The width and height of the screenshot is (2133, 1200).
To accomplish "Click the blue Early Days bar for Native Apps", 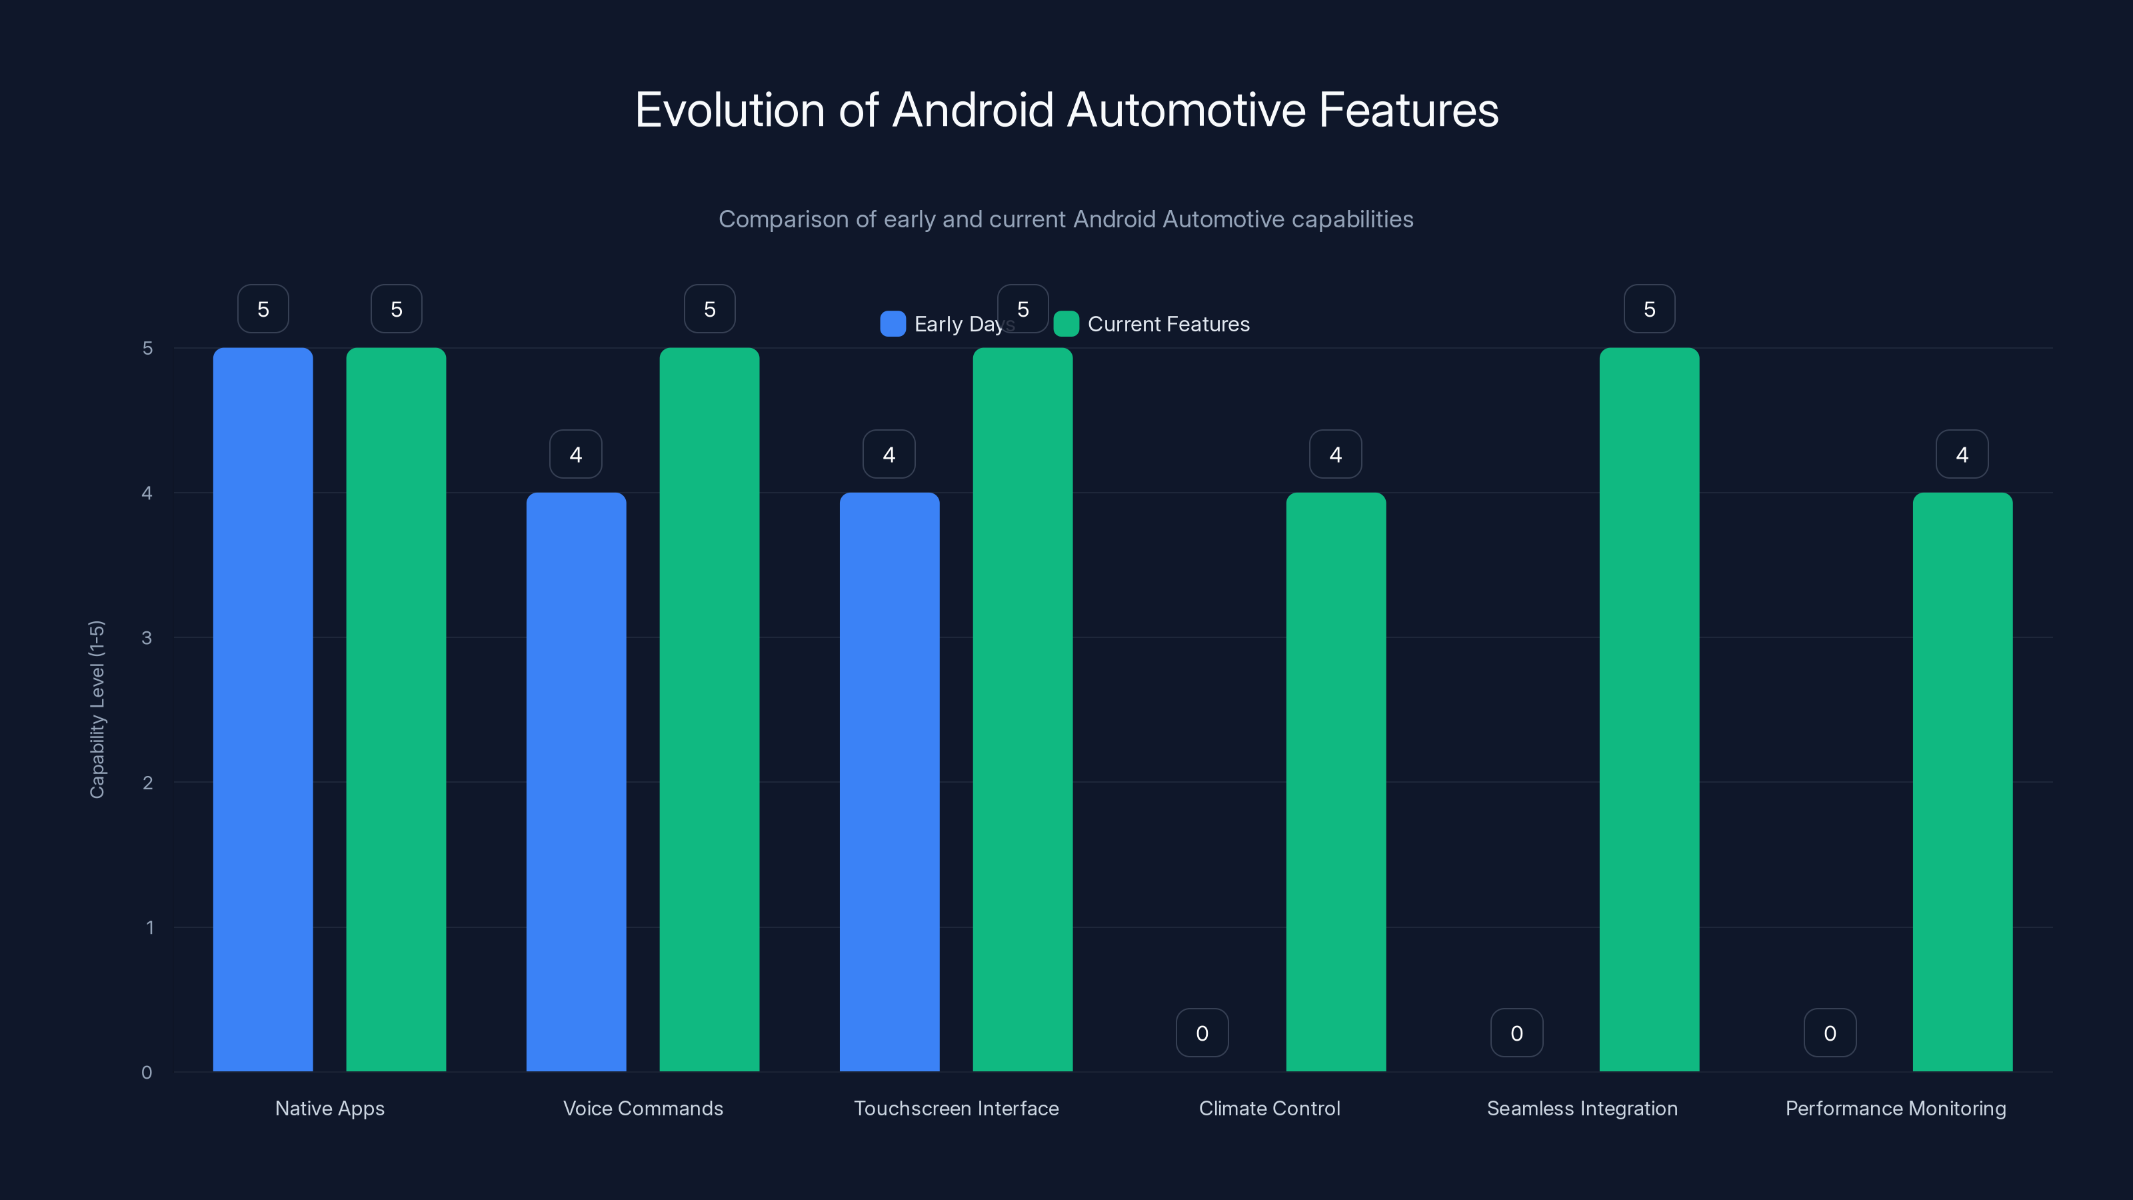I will pos(263,709).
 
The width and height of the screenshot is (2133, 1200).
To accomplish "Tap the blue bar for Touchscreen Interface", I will pos(889,782).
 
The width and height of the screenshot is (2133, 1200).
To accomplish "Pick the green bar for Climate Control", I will pos(1336,782).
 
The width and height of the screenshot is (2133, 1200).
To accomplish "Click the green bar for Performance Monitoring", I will pos(1962,782).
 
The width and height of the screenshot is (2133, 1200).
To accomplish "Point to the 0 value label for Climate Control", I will pos(1202,1033).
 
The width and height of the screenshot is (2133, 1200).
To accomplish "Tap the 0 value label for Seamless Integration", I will pos(1516,1033).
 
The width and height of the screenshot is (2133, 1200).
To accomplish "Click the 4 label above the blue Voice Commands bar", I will pos(575,454).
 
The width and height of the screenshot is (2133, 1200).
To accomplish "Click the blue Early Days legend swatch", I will pos(893,324).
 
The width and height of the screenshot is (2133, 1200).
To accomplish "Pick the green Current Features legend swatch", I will pos(1066,324).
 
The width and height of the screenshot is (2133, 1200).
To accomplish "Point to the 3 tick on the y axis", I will pos(147,638).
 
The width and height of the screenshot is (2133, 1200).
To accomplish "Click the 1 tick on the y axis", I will pos(150,927).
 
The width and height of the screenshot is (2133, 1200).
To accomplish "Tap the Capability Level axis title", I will pos(97,709).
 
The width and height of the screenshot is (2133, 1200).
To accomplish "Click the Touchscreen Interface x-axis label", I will pos(956,1108).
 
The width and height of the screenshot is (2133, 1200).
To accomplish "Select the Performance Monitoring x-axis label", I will pos(1895,1108).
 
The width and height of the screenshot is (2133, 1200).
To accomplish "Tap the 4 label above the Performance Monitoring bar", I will pos(1962,454).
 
